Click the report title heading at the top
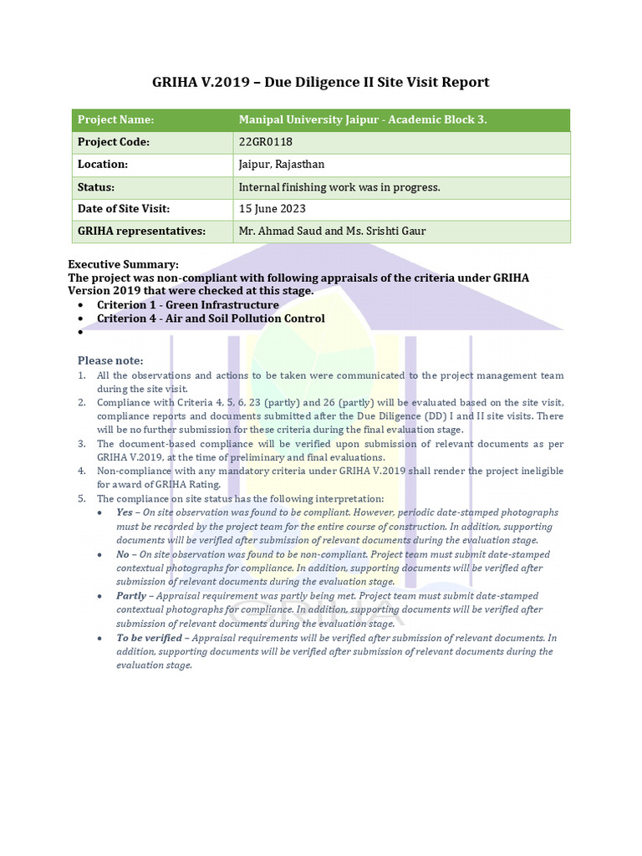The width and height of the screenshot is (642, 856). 320,82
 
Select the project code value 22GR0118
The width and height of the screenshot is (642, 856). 265,142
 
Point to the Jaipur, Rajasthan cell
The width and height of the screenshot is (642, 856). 282,165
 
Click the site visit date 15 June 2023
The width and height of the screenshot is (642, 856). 273,209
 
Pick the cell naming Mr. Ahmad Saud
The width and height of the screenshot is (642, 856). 332,231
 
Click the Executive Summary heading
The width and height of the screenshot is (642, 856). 124,264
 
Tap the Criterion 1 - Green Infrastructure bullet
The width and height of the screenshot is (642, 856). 188,305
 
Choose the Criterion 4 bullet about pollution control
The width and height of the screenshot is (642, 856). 211,318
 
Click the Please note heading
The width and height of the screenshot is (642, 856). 110,360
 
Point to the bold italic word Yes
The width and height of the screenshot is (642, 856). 125,512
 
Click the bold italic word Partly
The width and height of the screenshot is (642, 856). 131,596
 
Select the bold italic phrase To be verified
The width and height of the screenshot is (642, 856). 149,638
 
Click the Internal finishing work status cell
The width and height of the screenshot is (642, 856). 339,187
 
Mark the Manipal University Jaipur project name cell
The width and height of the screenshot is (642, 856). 363,120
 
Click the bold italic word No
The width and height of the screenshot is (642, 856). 123,554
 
